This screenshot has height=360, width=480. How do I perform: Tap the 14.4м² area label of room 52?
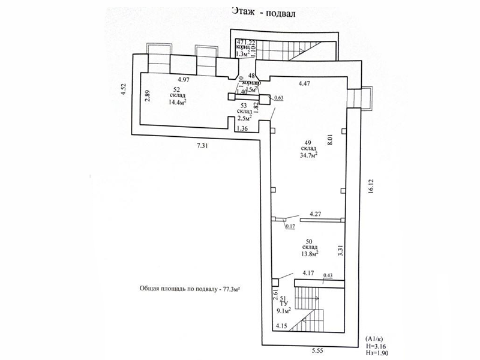[x=177, y=103]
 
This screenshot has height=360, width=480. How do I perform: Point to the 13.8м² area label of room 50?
[x=309, y=253]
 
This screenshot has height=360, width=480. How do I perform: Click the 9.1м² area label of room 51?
[x=284, y=311]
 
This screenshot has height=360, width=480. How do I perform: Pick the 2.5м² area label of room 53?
[x=244, y=118]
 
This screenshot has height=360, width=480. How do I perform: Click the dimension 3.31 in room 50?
[x=340, y=247]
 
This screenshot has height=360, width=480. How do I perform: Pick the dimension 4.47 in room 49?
[x=305, y=85]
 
